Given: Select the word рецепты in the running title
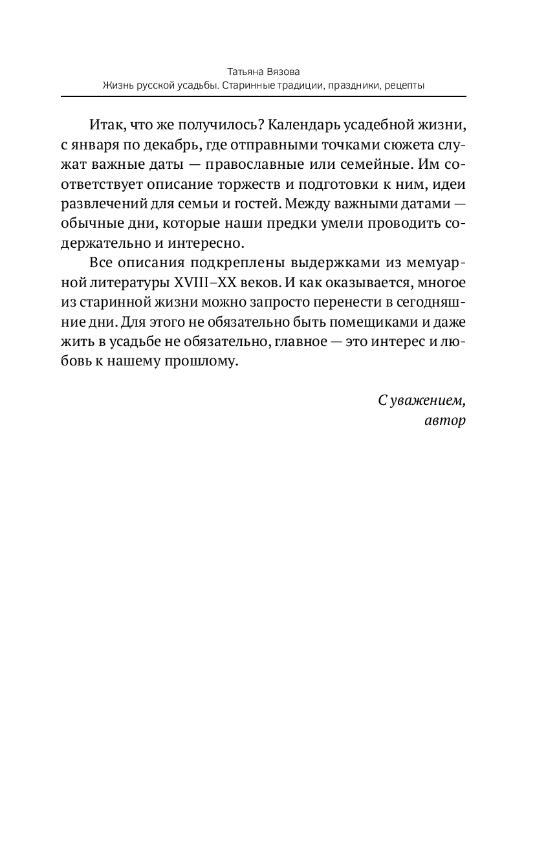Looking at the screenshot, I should click(403, 85).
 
